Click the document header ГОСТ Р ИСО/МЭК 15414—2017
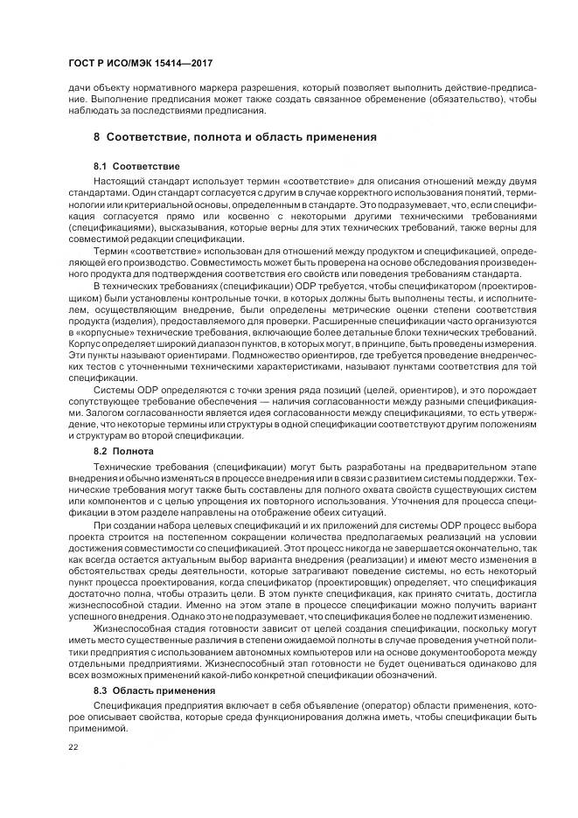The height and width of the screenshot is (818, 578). [141, 65]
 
